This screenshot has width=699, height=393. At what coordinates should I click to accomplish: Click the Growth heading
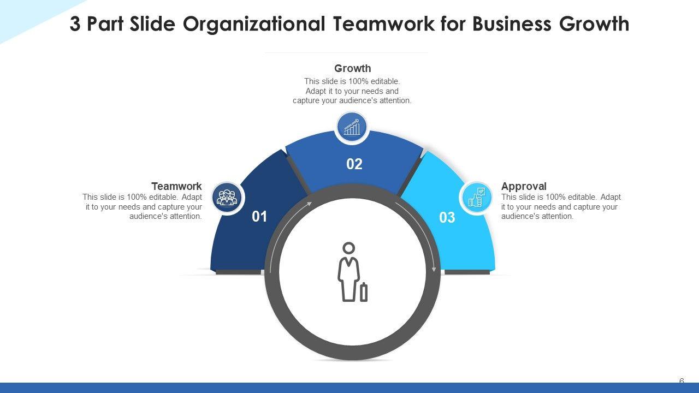click(x=352, y=68)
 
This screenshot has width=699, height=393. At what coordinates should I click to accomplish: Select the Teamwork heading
click(x=176, y=186)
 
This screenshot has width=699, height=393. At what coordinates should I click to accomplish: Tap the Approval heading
click(x=524, y=186)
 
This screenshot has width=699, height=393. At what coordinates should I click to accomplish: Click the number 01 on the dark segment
click(x=259, y=217)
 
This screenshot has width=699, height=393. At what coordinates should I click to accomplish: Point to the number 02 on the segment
click(x=354, y=164)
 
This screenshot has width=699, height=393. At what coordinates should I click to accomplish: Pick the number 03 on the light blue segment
click(x=447, y=218)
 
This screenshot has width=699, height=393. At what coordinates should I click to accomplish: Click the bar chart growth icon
click(x=352, y=128)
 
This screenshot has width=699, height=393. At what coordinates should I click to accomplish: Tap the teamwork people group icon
click(x=227, y=197)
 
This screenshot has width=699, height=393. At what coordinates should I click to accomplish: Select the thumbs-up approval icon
click(x=476, y=197)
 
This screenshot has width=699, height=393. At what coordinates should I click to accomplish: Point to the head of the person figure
click(x=348, y=248)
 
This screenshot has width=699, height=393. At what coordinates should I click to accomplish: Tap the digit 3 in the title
click(x=75, y=24)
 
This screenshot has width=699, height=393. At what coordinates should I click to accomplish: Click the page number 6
click(x=682, y=381)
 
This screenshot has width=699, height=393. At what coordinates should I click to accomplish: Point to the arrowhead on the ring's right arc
click(x=434, y=269)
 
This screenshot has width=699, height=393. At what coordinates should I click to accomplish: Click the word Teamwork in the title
click(x=385, y=24)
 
